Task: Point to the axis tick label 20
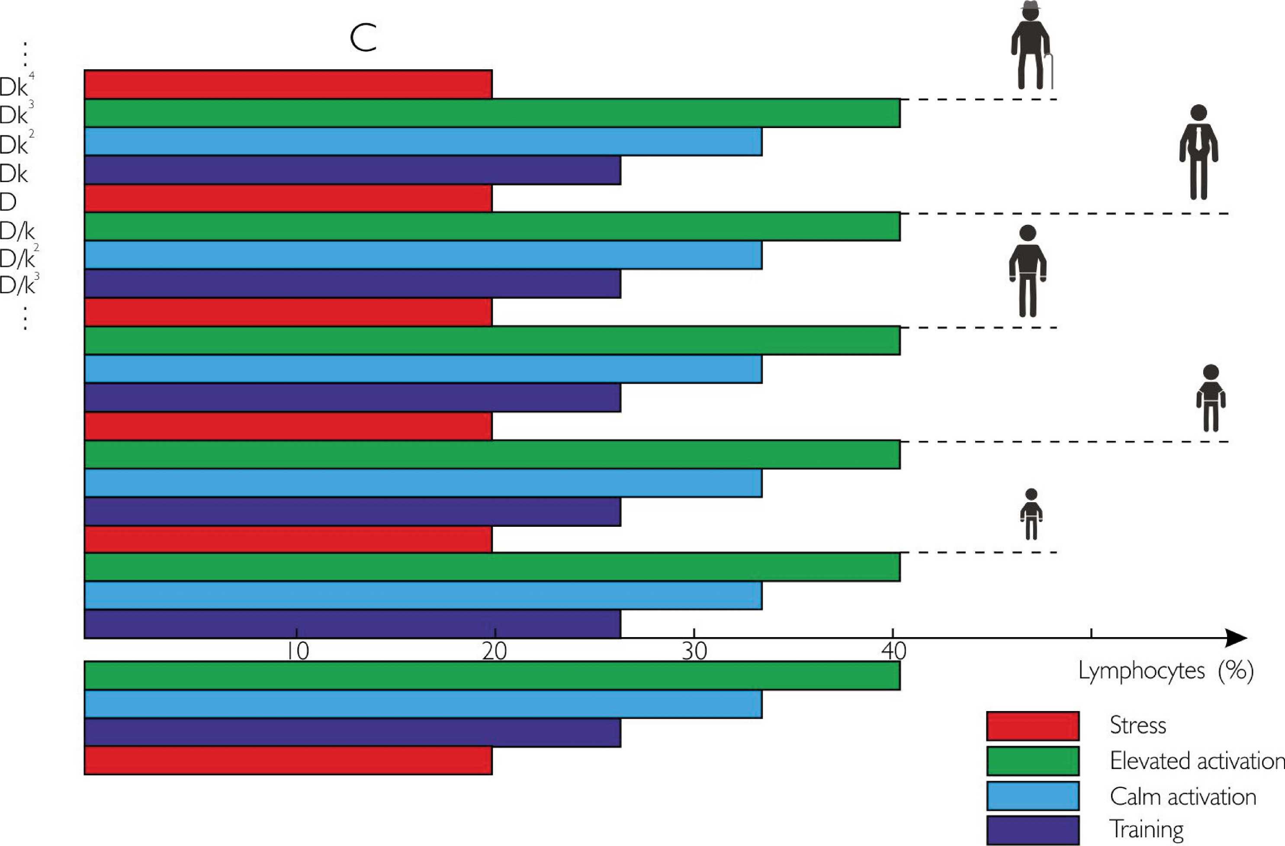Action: pyautogui.click(x=495, y=652)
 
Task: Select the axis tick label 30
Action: pyautogui.click(x=694, y=652)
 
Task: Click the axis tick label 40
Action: pyautogui.click(x=893, y=652)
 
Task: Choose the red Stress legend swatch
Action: pyautogui.click(x=1032, y=726)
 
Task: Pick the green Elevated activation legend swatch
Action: pyautogui.click(x=1032, y=760)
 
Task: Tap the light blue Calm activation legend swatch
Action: pyautogui.click(x=1032, y=795)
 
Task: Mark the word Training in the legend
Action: pyautogui.click(x=1146, y=829)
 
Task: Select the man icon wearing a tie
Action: pyautogui.click(x=1198, y=152)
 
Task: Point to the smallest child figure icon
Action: pyautogui.click(x=1031, y=514)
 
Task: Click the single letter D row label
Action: pyautogui.click(x=9, y=202)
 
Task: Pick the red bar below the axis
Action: pyautogui.click(x=288, y=761)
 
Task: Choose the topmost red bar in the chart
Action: pyautogui.click(x=288, y=84)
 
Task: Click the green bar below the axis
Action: pyautogui.click(x=492, y=676)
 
